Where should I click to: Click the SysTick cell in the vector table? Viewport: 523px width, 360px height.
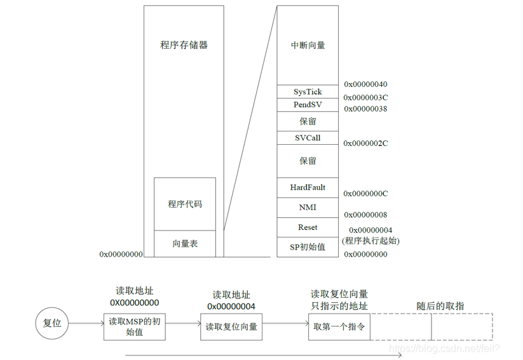(x=308, y=92)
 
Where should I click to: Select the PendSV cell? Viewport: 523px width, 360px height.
(x=308, y=105)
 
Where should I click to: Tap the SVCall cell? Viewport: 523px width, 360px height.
(x=308, y=138)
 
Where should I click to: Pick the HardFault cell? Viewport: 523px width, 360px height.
(x=308, y=187)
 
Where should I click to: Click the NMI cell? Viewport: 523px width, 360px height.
(x=308, y=208)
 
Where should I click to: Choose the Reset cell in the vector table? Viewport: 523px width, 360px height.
(x=308, y=227)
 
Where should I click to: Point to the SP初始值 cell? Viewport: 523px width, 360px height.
(x=308, y=247)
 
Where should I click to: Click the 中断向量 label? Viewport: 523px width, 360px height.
(x=308, y=46)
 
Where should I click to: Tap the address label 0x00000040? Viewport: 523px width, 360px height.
(x=365, y=84)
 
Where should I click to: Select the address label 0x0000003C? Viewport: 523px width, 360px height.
(x=365, y=98)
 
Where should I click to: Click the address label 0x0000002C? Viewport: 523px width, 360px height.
(x=365, y=143)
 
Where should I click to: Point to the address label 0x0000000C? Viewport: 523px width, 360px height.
(x=365, y=193)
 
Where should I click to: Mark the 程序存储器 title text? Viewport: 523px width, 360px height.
(x=184, y=46)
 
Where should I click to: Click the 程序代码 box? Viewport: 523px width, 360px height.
(x=185, y=204)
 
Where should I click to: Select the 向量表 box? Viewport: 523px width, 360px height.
(x=185, y=244)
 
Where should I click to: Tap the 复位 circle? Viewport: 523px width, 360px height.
(x=51, y=323)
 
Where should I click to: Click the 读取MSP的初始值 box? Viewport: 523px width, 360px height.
(x=134, y=326)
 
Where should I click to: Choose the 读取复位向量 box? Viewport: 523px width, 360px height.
(x=231, y=326)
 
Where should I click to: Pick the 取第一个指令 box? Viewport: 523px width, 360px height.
(x=339, y=326)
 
